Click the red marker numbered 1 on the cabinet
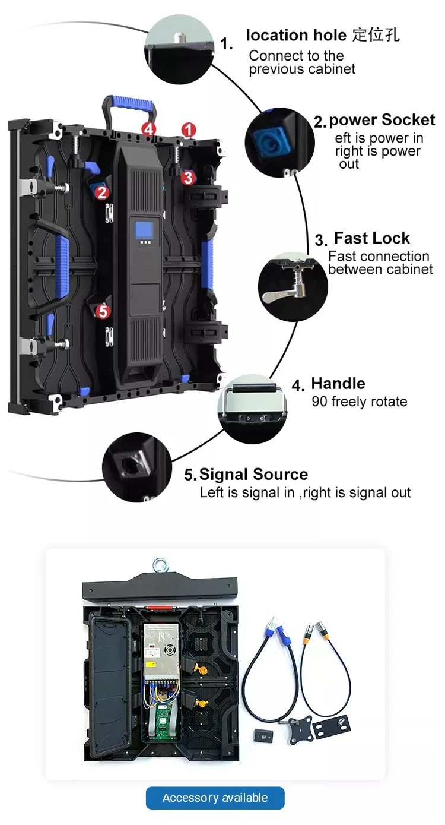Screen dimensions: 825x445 (x=189, y=129)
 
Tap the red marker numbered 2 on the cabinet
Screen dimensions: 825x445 (x=102, y=192)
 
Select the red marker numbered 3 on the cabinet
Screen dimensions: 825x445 (x=188, y=176)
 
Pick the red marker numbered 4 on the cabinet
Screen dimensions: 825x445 (x=148, y=129)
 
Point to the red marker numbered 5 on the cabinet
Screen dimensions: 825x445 (x=103, y=311)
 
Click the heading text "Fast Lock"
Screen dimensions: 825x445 (x=371, y=238)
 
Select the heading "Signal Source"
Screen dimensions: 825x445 (x=253, y=475)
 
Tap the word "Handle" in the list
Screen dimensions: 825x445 (x=338, y=384)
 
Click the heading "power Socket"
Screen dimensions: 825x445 (x=382, y=120)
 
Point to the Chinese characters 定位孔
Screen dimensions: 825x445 (x=376, y=35)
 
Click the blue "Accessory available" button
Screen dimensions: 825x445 (x=215, y=798)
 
